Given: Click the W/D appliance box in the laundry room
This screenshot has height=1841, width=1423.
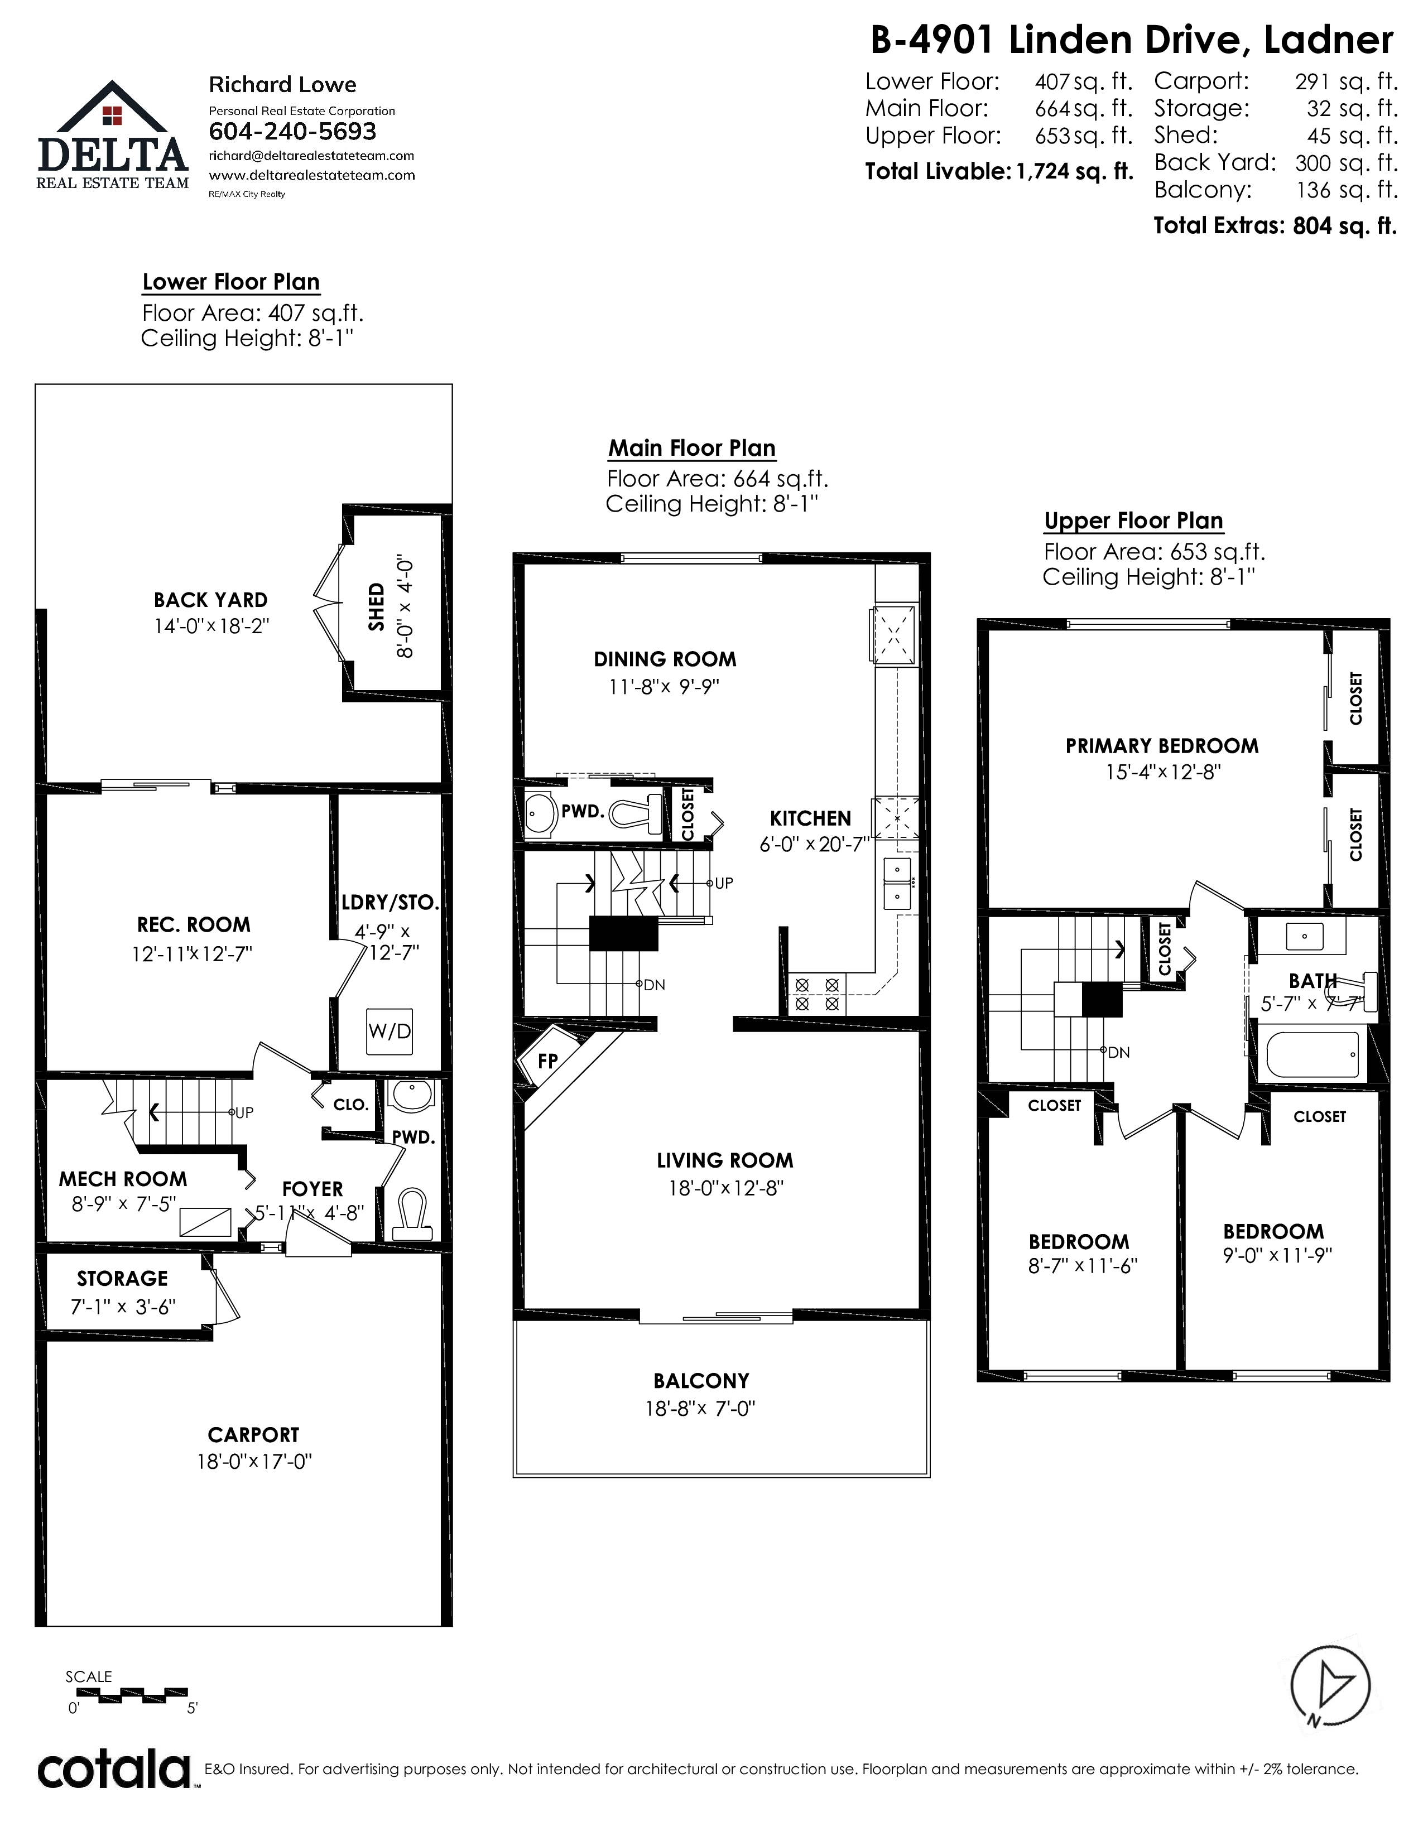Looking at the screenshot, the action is (390, 1031).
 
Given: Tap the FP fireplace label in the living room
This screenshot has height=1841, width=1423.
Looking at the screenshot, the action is (548, 1061).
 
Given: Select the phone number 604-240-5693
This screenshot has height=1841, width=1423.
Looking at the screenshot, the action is (292, 132).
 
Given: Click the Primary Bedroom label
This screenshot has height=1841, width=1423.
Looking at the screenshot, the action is (1162, 746).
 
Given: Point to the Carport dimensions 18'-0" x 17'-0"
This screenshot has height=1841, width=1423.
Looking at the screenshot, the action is (254, 1461).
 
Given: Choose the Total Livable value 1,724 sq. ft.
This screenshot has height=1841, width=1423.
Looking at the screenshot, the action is (1075, 172).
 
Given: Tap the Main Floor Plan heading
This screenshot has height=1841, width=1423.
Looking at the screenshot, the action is (692, 449).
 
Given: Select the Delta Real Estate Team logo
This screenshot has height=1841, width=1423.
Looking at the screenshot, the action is (112, 135).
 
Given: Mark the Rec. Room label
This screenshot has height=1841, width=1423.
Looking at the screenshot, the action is (194, 925).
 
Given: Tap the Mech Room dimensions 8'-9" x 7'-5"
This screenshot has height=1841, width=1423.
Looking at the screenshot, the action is (124, 1204).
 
